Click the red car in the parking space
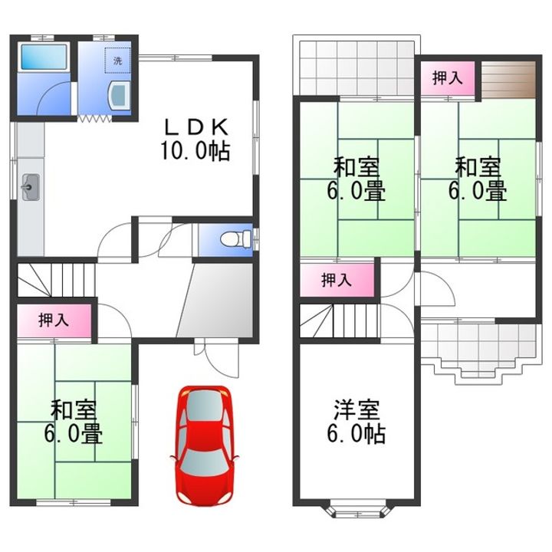click(x=204, y=446)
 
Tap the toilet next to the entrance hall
click(x=236, y=239)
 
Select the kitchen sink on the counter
click(x=31, y=187)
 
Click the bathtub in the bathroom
click(x=44, y=57)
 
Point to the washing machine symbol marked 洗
click(x=117, y=61)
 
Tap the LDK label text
click(x=197, y=127)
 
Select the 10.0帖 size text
click(x=195, y=151)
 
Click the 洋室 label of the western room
click(x=356, y=410)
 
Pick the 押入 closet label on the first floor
click(x=54, y=320)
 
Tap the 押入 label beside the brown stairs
click(x=447, y=77)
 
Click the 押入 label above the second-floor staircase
click(x=337, y=281)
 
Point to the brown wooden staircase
click(x=508, y=80)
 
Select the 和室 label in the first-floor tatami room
click(x=74, y=410)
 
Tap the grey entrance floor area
click(x=215, y=301)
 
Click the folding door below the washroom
click(x=94, y=119)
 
